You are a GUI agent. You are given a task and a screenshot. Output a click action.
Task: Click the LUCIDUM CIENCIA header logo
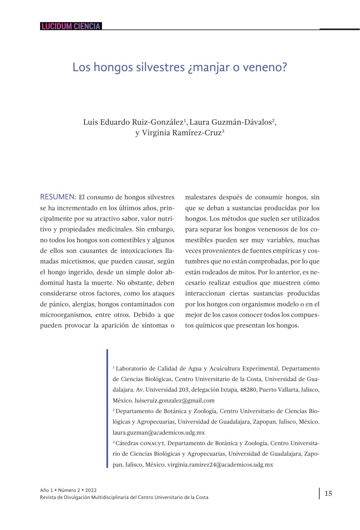71,26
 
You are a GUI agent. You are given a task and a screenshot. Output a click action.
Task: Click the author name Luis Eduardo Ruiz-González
133,122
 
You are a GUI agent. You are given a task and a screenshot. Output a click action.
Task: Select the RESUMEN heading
58,197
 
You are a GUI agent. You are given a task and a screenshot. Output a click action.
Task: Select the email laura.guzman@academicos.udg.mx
159,433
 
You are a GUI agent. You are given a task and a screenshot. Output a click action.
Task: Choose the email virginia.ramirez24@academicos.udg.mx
220,465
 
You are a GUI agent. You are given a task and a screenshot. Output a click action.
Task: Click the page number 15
328,493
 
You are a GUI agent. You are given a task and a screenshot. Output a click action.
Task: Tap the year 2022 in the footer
91,490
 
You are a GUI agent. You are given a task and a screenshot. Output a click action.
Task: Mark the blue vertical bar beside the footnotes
107,409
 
